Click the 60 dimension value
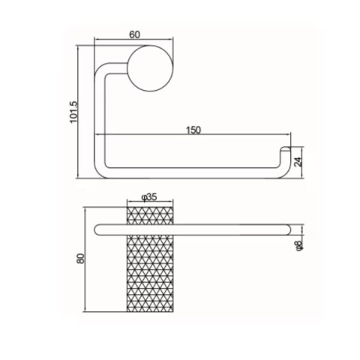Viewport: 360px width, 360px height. coord(135,34)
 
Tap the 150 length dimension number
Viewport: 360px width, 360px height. coord(193,130)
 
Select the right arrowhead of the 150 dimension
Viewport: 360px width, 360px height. coord(286,137)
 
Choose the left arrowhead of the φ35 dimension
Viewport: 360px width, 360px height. coord(127,203)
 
